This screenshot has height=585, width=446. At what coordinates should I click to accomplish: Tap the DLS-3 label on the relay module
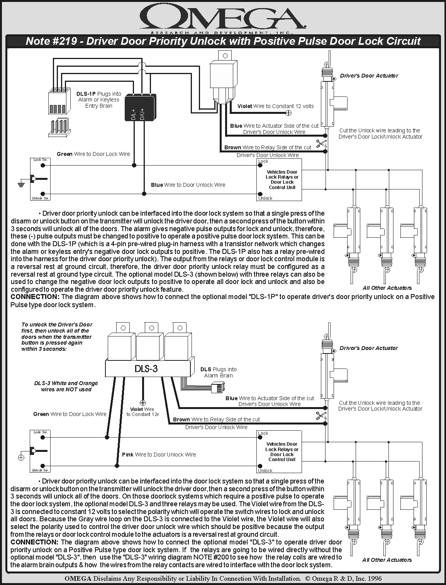point(146,369)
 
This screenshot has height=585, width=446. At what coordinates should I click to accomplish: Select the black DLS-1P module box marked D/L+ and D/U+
point(141,107)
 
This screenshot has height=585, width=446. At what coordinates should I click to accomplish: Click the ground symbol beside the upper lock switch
point(21,184)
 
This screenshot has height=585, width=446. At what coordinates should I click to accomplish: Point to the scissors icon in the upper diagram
point(321,144)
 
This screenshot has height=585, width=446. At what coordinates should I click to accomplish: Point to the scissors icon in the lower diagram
point(321,416)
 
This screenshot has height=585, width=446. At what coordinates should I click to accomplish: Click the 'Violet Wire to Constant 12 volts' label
point(276,106)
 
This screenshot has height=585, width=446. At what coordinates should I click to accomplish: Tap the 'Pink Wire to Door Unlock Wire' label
point(159,455)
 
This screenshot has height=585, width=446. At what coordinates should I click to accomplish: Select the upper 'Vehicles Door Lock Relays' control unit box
point(279,180)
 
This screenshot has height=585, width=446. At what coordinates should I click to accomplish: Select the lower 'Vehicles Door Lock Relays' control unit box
point(279,452)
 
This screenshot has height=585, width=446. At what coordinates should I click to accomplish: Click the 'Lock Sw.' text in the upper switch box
point(41,160)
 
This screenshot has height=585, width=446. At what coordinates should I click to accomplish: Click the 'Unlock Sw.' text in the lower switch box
point(41,470)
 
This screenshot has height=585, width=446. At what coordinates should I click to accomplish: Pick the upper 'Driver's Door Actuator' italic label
point(369,76)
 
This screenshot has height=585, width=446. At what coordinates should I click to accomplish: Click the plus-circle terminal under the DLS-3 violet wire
point(143,403)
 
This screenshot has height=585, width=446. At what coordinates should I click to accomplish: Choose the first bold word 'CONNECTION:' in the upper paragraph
point(35,297)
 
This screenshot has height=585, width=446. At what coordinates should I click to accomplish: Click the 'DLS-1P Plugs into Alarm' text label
point(98,100)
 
